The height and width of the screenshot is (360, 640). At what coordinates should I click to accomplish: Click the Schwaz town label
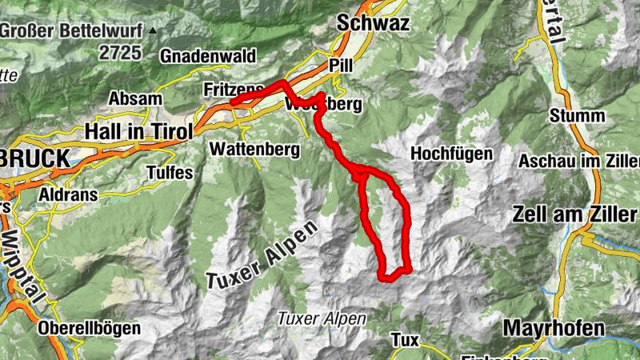coord(374,24)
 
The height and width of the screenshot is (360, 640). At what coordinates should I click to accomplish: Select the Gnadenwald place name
coord(207,56)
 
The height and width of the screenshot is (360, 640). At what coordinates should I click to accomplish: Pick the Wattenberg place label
coord(254,149)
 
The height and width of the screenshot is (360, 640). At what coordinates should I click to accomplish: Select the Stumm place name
coord(577,115)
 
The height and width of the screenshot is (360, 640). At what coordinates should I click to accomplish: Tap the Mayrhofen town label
coord(554,328)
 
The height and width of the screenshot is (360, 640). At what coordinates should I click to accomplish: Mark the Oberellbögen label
coord(89,328)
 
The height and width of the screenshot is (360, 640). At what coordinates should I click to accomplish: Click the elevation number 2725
coord(121,53)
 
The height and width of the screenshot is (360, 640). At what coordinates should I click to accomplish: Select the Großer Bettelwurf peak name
coord(73,31)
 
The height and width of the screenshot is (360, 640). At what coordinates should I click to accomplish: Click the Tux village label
coord(405,340)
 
